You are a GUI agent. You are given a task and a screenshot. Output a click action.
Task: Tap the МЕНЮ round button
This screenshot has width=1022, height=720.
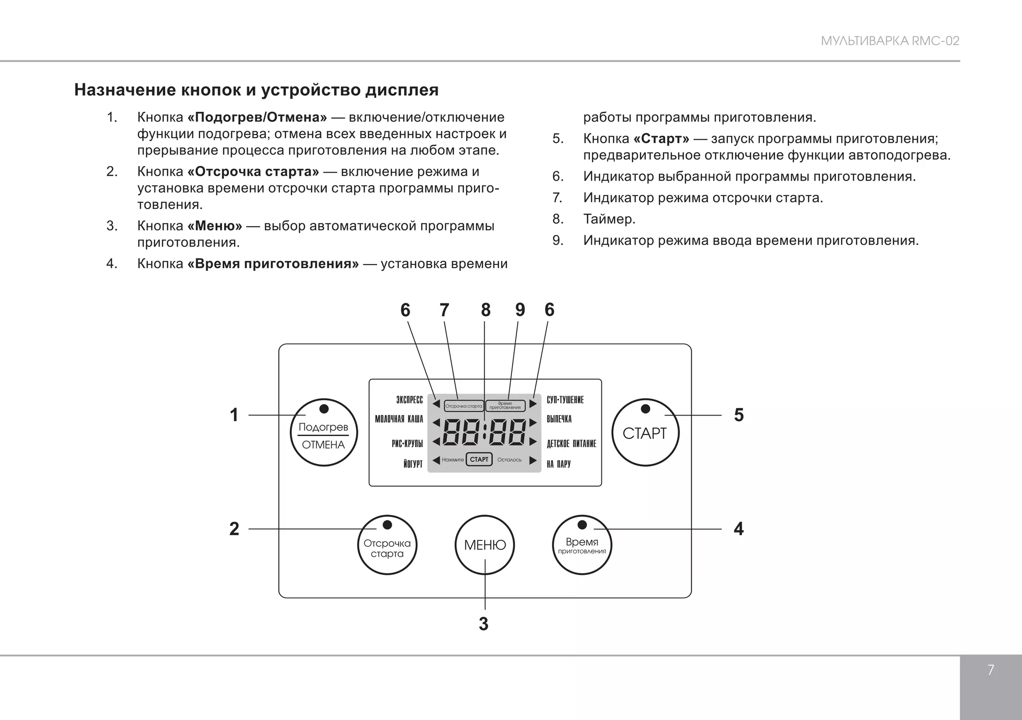point(485,545)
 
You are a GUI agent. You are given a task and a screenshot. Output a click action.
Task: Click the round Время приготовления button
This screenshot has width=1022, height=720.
point(582,545)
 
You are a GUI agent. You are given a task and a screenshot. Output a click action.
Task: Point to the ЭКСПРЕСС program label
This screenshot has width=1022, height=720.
point(409,400)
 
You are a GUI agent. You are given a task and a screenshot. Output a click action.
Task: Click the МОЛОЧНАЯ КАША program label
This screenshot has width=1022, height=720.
point(399,420)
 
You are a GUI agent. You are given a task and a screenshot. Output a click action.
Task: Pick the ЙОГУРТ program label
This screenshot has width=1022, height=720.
point(413,465)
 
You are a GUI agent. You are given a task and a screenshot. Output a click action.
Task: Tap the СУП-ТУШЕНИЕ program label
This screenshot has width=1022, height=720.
point(565,400)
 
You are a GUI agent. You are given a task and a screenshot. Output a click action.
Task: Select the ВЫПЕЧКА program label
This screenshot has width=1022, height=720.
point(559,420)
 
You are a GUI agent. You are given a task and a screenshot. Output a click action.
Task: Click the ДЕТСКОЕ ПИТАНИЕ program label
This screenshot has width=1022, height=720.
point(571,444)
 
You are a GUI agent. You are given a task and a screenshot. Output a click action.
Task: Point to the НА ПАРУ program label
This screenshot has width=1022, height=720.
point(558,465)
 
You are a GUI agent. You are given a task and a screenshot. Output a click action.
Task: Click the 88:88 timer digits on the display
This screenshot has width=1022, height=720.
point(484,432)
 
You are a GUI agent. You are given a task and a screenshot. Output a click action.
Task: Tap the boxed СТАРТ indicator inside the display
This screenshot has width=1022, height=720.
point(479,460)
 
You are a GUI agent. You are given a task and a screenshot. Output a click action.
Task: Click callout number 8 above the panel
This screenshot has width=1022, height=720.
point(486,310)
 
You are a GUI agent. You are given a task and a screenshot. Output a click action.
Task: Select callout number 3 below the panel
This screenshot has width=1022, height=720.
point(484,624)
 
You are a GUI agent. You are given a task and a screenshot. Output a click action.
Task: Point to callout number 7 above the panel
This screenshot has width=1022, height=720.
point(444,310)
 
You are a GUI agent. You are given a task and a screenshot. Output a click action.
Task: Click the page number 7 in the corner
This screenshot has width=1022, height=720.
point(991,670)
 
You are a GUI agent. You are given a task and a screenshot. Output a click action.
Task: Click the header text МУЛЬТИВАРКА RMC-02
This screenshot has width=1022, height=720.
point(890,41)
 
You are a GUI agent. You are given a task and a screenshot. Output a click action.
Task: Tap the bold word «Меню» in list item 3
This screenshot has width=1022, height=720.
point(215,226)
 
